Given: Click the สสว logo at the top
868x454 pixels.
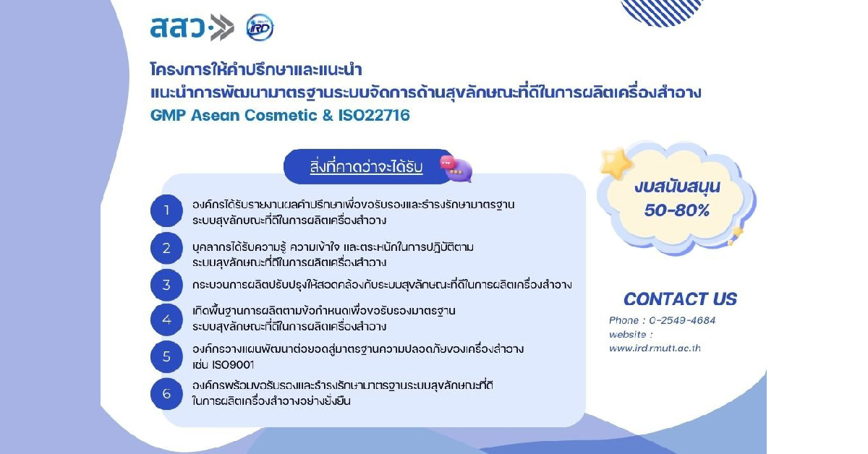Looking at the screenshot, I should point(191,27).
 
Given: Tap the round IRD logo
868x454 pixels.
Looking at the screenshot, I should point(260,27).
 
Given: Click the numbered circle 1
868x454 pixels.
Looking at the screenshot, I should point(166,211).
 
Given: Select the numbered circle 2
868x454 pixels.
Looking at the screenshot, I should point(166,249).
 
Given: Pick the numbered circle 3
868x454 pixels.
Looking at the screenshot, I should point(166,285).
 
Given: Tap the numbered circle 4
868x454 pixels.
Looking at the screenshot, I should point(166,319).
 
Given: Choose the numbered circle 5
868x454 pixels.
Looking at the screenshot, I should point(166,356).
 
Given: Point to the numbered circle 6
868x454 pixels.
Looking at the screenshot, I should point(166,394).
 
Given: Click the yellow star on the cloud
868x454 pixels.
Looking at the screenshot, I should point(616,165).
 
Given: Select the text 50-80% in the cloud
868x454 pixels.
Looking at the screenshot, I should point(677,210).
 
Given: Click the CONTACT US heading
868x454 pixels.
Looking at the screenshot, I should point(680,299).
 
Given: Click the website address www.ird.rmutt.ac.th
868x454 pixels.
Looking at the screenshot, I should point(655,348).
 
